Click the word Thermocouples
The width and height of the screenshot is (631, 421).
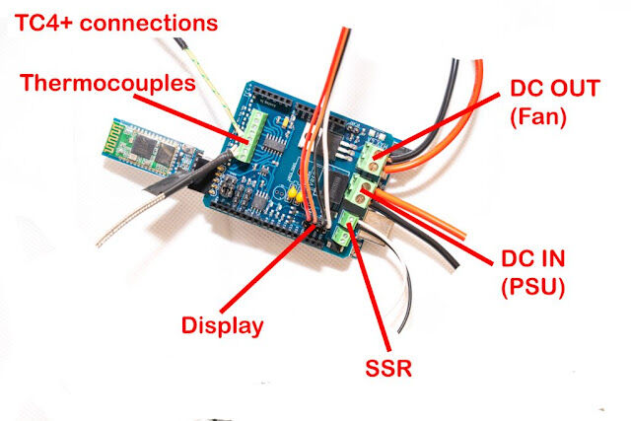pos(107,84)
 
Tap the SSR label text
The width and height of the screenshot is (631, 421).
pos(388,368)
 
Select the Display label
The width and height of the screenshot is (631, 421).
pos(222,325)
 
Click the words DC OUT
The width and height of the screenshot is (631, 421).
pos(555,88)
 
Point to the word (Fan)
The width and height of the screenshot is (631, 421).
pos(538,116)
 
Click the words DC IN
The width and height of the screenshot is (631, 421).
pos(533,258)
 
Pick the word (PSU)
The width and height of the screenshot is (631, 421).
pos(533,287)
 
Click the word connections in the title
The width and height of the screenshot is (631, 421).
pos(149,24)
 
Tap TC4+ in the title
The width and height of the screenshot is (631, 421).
pos(43,23)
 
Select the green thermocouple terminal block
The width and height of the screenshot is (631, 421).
pos(252,135)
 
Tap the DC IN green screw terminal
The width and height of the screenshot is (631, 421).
pos(361,191)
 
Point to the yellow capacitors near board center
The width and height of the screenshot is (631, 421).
pos(296,193)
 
